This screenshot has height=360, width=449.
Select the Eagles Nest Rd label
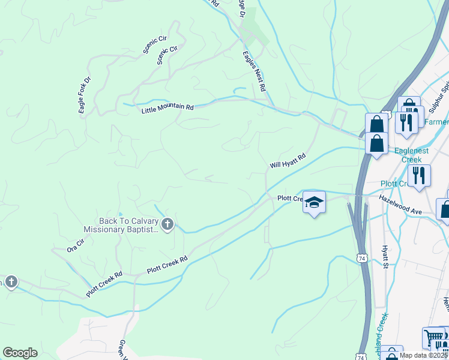coord(254,70)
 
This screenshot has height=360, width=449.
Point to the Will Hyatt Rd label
coord(288,160)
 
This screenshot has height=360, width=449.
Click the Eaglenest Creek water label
coord(412,155)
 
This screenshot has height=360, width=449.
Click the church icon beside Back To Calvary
coord(167,225)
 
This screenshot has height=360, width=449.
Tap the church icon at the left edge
coord(11,282)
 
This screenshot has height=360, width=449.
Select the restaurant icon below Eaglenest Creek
coord(418,175)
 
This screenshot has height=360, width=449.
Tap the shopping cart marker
coord(433,338)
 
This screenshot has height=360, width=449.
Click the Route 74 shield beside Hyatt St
coord(361,257)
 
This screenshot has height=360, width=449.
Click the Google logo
coord(20,353)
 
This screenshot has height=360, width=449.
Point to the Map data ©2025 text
coord(424,355)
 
